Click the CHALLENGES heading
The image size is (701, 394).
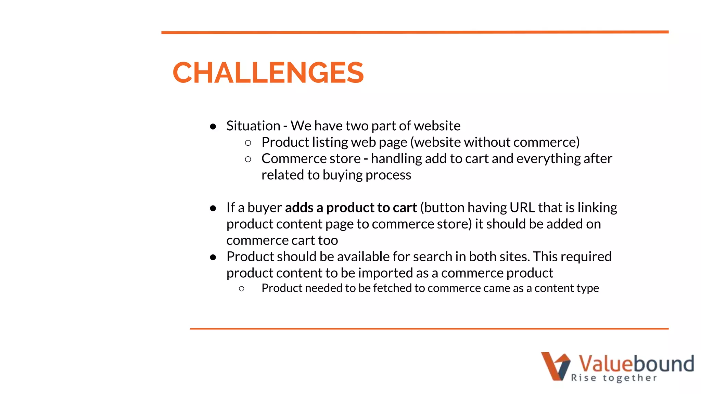click(268, 73)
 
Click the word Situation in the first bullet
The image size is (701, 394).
click(253, 126)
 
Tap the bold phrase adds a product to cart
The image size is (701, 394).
click(350, 208)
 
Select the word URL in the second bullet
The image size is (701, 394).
click(522, 208)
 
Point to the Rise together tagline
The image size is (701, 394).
click(614, 378)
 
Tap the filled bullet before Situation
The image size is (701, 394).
click(213, 127)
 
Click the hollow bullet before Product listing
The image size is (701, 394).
click(248, 143)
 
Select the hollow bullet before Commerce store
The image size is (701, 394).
click(248, 159)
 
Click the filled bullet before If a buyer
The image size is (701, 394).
click(213, 208)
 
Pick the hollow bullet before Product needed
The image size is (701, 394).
click(242, 289)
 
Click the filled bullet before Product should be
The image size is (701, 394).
click(213, 257)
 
